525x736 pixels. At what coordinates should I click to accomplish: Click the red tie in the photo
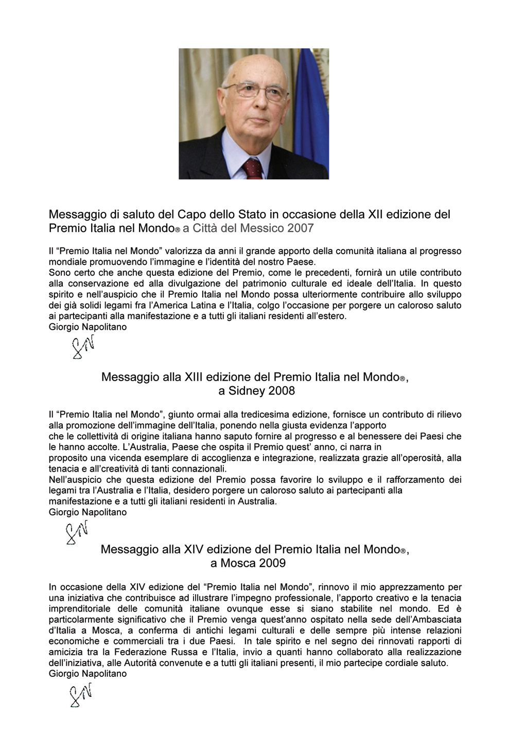[x=253, y=168]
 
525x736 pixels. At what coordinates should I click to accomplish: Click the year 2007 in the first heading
[x=301, y=228]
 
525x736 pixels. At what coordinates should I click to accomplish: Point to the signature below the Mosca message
[x=81, y=695]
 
